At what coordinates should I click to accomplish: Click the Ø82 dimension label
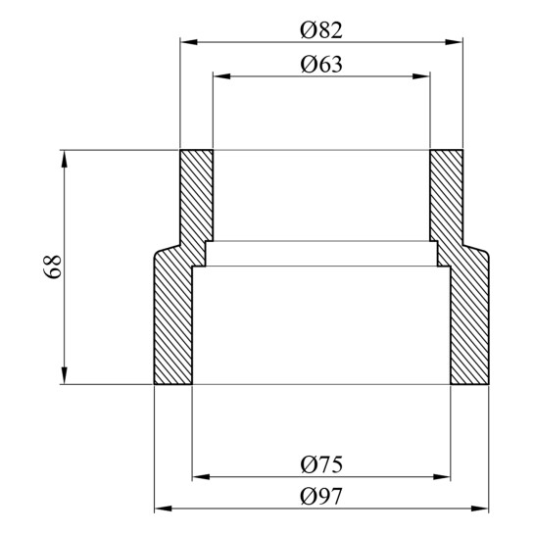point(321,30)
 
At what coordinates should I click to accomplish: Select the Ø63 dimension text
point(321,65)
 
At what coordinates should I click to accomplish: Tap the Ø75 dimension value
point(321,464)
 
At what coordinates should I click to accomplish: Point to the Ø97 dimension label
point(320,496)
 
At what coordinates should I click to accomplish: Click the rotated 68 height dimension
point(53,267)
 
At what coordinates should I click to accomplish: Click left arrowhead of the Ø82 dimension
point(189,42)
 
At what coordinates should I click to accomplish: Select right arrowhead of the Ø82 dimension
point(454,42)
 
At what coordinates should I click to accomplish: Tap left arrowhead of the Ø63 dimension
point(222,76)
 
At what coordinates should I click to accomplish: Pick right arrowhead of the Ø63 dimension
point(421,76)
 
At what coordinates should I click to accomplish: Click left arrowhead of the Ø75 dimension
point(201,477)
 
